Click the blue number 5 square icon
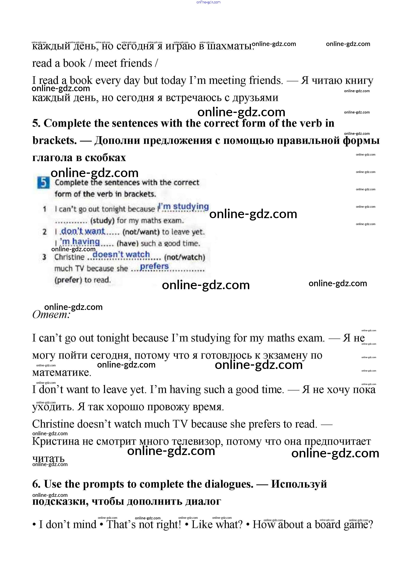click(x=43, y=183)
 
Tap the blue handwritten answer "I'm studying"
click(x=184, y=206)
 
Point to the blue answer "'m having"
click(x=80, y=242)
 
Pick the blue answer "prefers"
click(x=154, y=266)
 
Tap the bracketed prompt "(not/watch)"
click(x=185, y=257)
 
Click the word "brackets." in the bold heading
click(x=54, y=141)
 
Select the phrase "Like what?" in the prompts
click(x=217, y=525)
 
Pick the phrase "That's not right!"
click(x=144, y=525)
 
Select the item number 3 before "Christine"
click(x=44, y=257)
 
